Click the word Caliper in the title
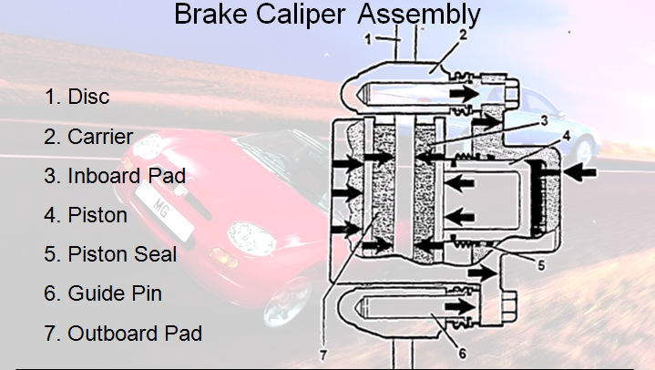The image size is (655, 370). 301,15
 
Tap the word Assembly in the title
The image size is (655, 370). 419,15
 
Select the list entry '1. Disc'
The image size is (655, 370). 77,97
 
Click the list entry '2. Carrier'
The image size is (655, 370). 88,137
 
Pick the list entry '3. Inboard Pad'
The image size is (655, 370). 115,176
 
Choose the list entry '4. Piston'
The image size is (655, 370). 86,215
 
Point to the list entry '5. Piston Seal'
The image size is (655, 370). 110,254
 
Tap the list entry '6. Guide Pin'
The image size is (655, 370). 103,293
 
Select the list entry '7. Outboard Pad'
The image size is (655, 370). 123,334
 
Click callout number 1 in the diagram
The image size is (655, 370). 368,39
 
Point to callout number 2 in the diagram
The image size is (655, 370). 463,36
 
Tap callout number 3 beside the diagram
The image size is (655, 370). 544,120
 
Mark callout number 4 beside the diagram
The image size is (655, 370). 567,136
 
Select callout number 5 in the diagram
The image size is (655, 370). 541,265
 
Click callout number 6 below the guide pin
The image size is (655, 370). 462,354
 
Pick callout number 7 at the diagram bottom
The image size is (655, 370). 322,355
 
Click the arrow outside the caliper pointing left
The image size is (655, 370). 580,172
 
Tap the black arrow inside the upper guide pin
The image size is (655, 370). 464,94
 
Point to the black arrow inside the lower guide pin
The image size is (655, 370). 460,307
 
